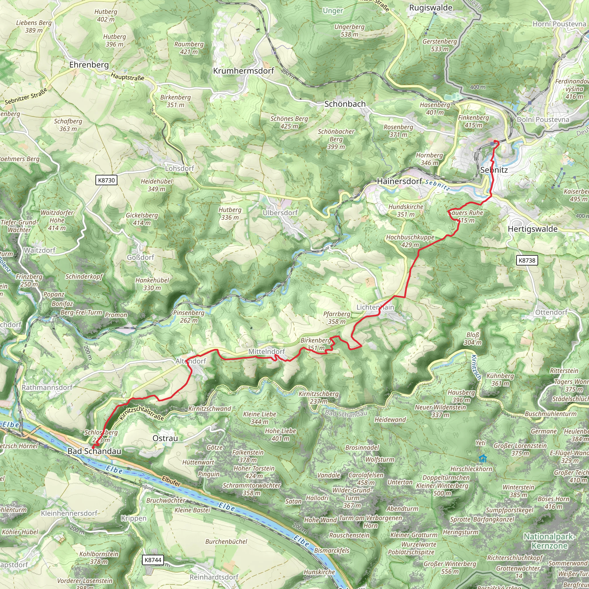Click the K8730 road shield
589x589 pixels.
(106, 180)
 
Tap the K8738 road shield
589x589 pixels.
(527, 260)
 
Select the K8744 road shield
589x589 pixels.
(153, 560)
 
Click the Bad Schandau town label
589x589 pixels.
(94, 451)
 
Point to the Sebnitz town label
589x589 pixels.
(494, 170)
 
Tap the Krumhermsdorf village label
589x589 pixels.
(244, 71)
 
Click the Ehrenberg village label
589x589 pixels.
(89, 65)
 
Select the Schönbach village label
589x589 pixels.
(345, 104)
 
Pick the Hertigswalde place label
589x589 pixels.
(533, 229)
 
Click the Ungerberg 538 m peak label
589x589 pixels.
(349, 30)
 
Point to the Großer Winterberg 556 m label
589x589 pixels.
(450, 567)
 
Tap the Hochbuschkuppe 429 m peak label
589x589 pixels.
(410, 241)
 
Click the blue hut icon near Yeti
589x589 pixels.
(483, 458)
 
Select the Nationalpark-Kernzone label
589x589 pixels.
(549, 541)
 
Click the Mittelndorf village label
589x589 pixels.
(266, 351)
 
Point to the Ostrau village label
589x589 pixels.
(165, 438)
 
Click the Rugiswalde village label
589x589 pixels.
(431, 8)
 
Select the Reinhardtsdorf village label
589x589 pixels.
(214, 577)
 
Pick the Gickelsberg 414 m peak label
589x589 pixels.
(142, 219)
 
